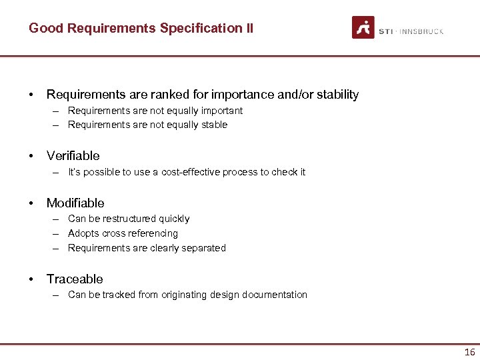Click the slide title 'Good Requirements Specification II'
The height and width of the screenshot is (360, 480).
click(141, 28)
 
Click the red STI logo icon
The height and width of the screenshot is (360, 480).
click(363, 27)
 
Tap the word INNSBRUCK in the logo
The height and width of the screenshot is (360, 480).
click(421, 31)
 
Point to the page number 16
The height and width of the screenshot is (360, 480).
click(469, 352)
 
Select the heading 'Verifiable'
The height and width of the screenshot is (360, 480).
click(73, 155)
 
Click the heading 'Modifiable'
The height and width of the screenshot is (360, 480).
click(75, 203)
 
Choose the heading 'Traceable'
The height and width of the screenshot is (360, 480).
click(75, 279)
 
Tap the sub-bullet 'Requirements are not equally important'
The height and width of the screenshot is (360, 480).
click(155, 111)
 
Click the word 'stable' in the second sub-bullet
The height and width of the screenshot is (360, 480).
click(213, 125)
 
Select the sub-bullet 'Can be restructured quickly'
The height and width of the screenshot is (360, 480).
click(129, 219)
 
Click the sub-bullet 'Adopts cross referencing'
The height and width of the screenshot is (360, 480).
click(123, 233)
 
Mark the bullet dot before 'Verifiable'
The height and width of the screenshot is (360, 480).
click(31, 156)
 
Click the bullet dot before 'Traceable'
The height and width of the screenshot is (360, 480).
click(31, 279)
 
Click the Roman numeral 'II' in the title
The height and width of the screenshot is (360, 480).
click(249, 28)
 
